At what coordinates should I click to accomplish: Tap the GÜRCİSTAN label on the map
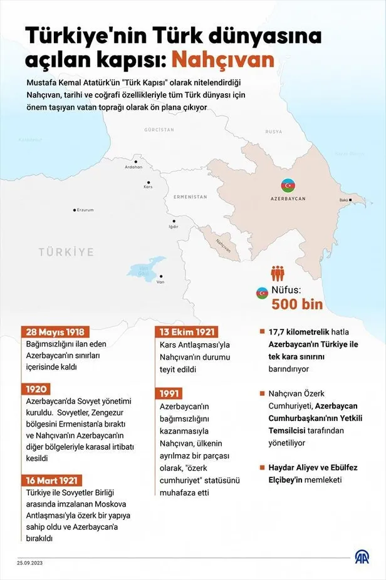tap(158, 130)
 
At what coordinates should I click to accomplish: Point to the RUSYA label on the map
tap(273, 132)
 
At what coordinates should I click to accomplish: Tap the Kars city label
tap(149, 187)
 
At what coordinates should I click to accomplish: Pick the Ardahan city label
tap(133, 167)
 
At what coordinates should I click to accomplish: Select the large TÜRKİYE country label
tap(66, 252)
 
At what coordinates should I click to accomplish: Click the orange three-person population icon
tap(278, 274)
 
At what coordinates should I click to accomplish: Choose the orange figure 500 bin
tap(296, 305)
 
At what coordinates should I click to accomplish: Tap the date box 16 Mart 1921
tap(53, 480)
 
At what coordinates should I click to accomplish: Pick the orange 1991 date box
tap(172, 394)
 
